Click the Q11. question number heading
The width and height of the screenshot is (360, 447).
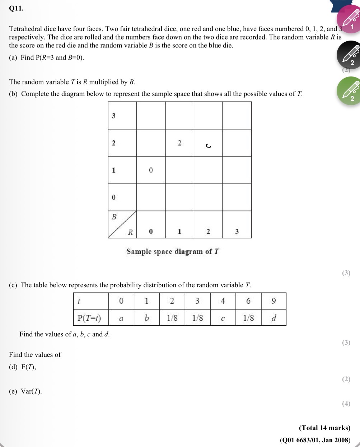(x=17, y=9)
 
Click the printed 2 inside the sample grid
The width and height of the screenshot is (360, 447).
(x=179, y=143)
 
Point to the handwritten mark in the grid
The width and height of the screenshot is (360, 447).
(x=208, y=146)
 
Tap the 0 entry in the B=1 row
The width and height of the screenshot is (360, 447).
(x=151, y=170)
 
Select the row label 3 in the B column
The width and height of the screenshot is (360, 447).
(x=114, y=116)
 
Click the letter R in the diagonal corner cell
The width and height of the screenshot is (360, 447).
(x=130, y=232)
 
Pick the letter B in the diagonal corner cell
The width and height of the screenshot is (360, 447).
(x=114, y=217)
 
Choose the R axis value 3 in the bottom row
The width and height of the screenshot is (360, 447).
(x=237, y=232)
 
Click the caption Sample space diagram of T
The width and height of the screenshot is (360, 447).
(x=173, y=251)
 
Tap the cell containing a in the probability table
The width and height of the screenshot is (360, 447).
(x=121, y=318)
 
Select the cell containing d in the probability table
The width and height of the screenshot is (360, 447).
(x=273, y=318)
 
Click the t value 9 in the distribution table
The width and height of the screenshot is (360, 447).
(x=273, y=301)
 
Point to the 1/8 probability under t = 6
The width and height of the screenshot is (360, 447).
(x=248, y=318)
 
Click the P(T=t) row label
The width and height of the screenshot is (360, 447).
(x=89, y=318)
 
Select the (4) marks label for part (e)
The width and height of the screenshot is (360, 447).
(x=346, y=403)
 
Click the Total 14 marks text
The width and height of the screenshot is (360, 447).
(x=324, y=428)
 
